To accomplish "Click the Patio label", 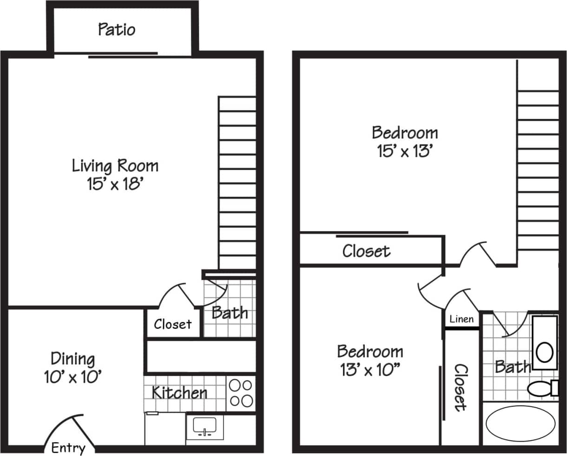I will tap(117, 30).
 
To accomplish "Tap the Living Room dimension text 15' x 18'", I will tap(114, 185).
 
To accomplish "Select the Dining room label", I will tap(73, 359).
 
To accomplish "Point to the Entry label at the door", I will tap(68, 448).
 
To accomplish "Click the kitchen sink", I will tap(204, 426).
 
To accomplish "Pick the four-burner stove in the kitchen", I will tap(241, 393).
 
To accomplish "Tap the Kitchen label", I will tap(179, 393).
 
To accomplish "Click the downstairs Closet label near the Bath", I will tap(172, 324).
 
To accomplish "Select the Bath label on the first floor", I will tap(230, 312).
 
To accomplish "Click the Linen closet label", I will tap(462, 319).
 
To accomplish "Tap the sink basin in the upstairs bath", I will tap(544, 352).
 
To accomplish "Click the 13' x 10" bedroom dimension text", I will tap(370, 370).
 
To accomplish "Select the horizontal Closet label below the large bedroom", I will tap(366, 251).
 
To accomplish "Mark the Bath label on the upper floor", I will tap(512, 367).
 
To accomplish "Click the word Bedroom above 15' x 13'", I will tap(405, 132).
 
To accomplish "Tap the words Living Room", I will tap(115, 165).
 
